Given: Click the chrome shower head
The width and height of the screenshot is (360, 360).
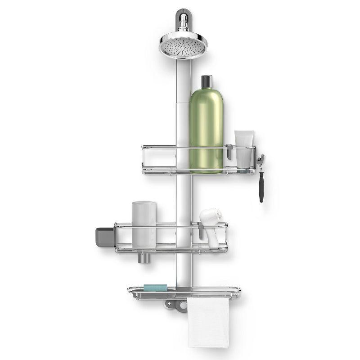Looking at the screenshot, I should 183,45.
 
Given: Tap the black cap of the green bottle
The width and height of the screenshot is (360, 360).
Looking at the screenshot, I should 207,82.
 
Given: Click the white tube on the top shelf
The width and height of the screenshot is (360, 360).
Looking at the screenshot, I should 243,148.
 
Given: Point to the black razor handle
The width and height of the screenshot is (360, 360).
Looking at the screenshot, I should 261,187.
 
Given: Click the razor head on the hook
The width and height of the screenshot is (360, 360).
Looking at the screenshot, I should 261,159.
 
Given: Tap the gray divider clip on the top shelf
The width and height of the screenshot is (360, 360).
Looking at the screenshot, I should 229,152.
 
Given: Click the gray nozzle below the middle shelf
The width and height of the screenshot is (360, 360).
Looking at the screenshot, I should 144,258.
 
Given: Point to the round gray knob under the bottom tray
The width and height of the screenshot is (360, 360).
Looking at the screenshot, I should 182,306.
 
